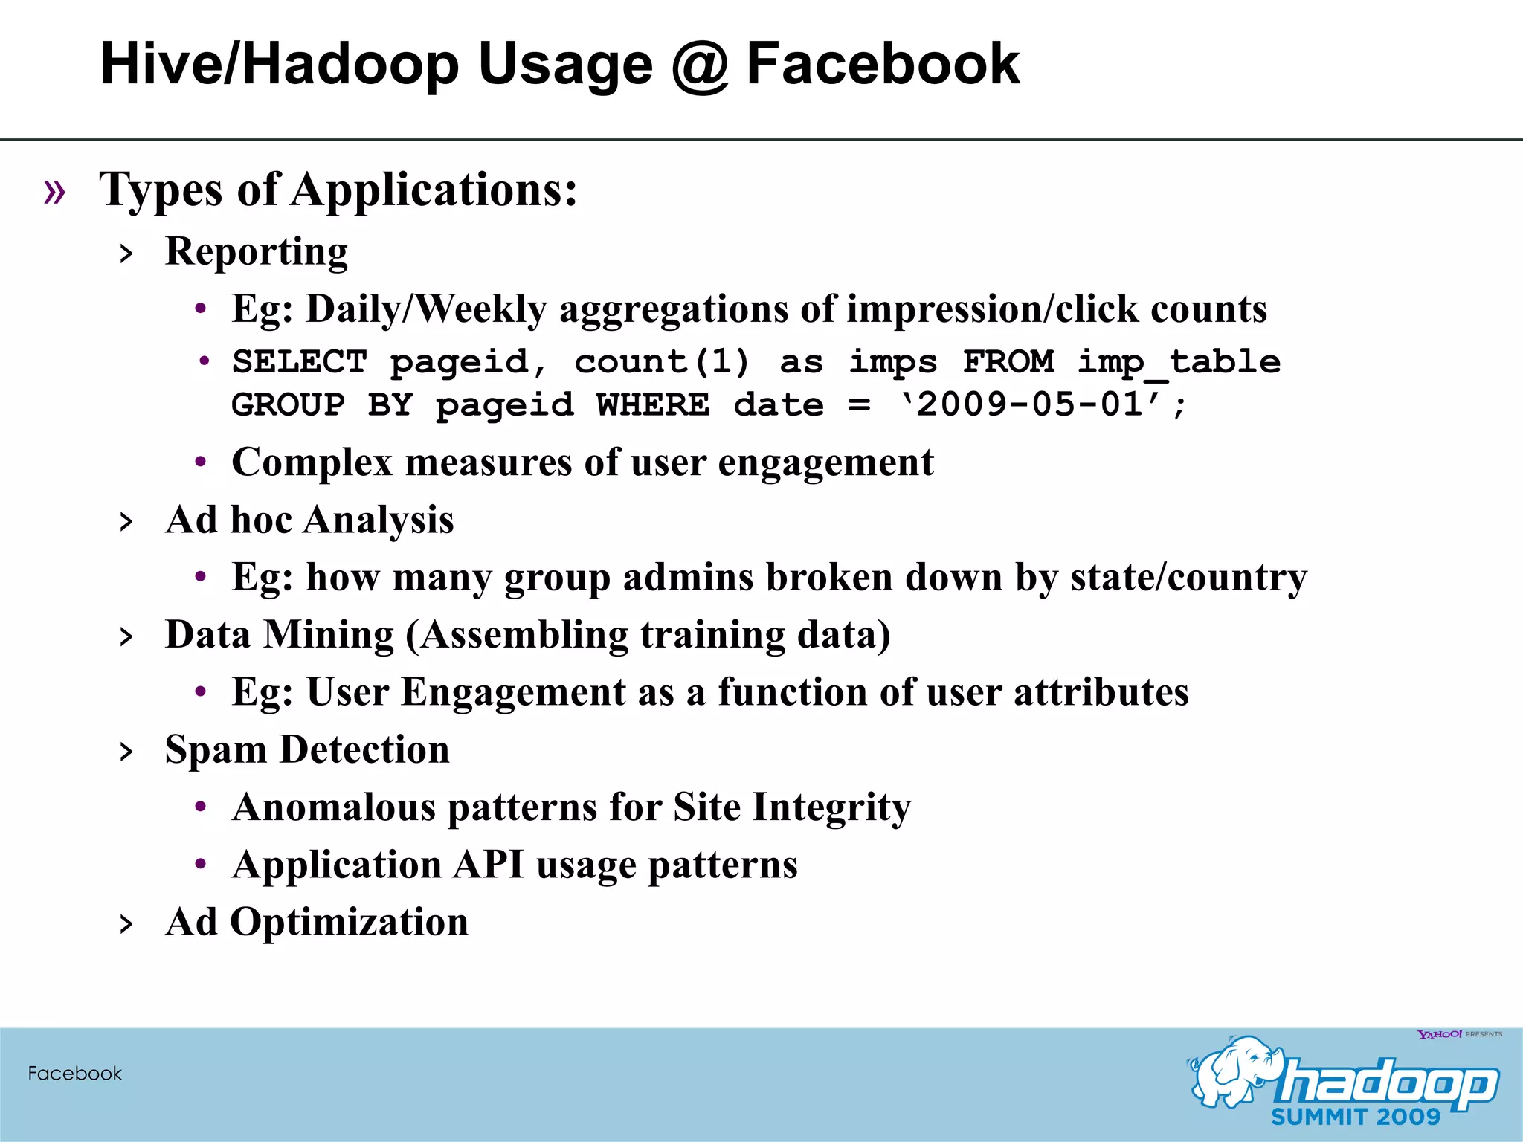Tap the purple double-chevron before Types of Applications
click(x=54, y=192)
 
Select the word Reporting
click(x=256, y=252)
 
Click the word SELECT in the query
click(x=299, y=362)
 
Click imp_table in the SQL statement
click(x=1179, y=362)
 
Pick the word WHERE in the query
click(x=653, y=405)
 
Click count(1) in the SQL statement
click(x=662, y=362)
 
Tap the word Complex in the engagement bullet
click(x=312, y=463)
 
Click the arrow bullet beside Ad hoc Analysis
click(x=126, y=522)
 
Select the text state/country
click(x=1188, y=578)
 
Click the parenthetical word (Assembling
click(x=517, y=636)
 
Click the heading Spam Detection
click(x=307, y=749)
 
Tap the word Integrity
click(x=831, y=807)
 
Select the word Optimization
click(x=349, y=923)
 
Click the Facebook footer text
click(x=74, y=1073)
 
